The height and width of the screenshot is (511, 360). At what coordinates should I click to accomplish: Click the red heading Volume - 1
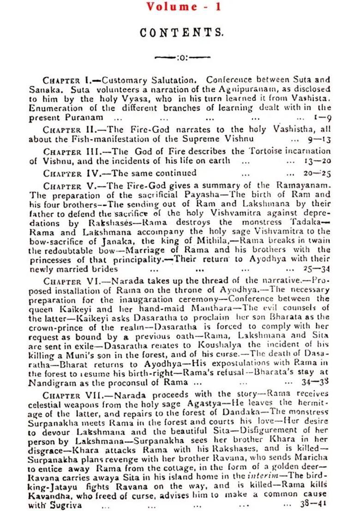click(x=184, y=6)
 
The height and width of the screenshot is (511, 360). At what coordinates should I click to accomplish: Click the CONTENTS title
click(x=182, y=33)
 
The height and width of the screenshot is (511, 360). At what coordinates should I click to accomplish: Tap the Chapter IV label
click(x=71, y=173)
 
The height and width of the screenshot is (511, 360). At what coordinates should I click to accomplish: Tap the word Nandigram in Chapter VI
click(x=49, y=382)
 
